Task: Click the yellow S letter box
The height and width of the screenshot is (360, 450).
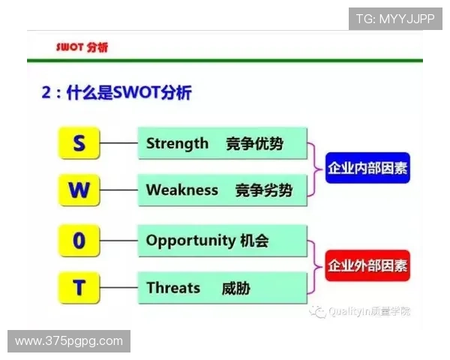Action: (79, 143)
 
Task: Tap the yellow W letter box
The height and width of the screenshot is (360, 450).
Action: (79, 190)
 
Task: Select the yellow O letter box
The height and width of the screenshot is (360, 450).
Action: (79, 241)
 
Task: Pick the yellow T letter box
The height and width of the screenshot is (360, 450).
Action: (79, 287)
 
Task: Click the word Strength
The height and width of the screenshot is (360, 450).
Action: (177, 143)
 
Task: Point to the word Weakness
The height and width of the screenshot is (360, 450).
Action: (181, 190)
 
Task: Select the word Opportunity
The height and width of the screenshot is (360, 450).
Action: (190, 241)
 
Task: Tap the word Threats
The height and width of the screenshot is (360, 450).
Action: (173, 287)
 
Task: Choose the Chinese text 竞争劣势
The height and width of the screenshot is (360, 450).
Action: (263, 190)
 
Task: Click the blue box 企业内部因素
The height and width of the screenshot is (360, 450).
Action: (367, 168)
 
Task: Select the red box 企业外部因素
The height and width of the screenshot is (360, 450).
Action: (367, 265)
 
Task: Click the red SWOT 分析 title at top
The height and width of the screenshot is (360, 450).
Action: (82, 46)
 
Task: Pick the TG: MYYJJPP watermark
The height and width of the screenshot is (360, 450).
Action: (395, 19)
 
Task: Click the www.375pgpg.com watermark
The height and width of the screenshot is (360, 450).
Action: (69, 341)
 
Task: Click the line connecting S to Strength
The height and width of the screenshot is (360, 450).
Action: (118, 143)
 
